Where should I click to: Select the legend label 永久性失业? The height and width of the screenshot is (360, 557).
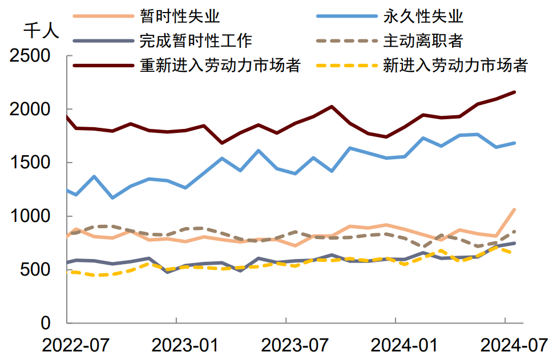423,15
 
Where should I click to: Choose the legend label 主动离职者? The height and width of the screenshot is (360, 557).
423,41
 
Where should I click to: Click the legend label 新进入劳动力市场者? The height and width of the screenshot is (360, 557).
455,65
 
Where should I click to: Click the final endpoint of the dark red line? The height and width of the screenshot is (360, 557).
515,92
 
